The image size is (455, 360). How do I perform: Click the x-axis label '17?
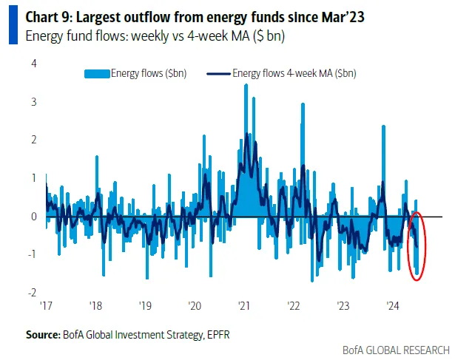tap(45, 305)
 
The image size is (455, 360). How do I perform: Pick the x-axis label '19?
tap(144, 305)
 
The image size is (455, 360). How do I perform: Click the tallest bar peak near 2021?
tap(246, 86)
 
